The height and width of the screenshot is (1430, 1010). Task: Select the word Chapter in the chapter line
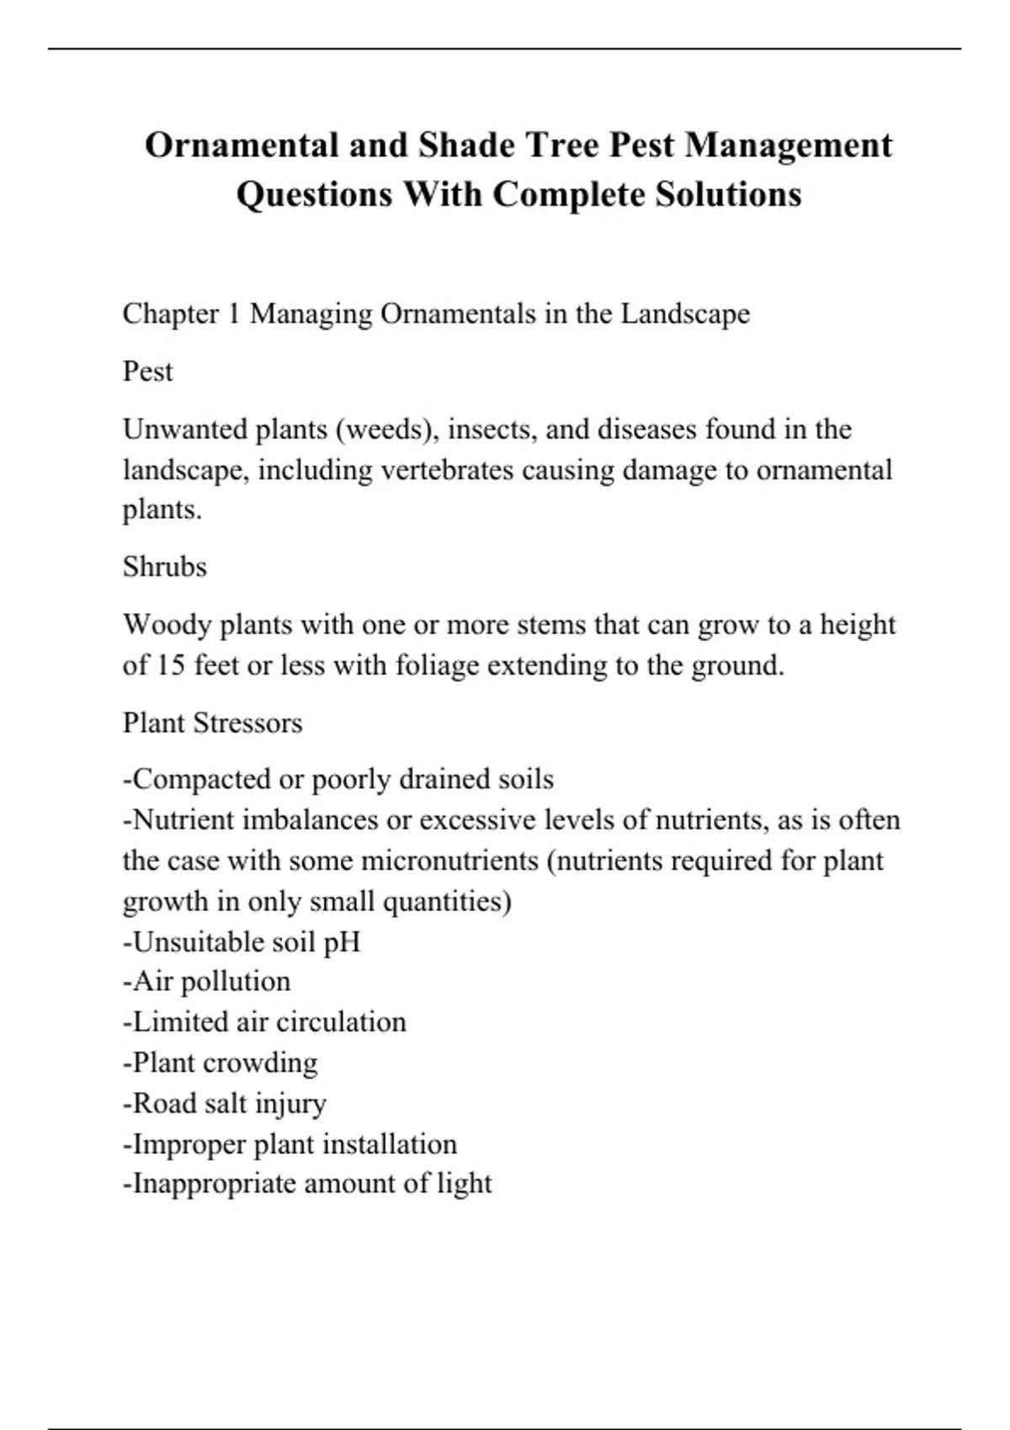170,314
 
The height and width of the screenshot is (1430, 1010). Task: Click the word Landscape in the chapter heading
685,314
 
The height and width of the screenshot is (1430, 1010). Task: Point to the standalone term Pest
147,371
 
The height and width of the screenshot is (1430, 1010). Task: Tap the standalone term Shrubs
164,567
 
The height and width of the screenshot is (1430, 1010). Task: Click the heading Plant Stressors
212,723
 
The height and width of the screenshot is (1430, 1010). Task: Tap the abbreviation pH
342,941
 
